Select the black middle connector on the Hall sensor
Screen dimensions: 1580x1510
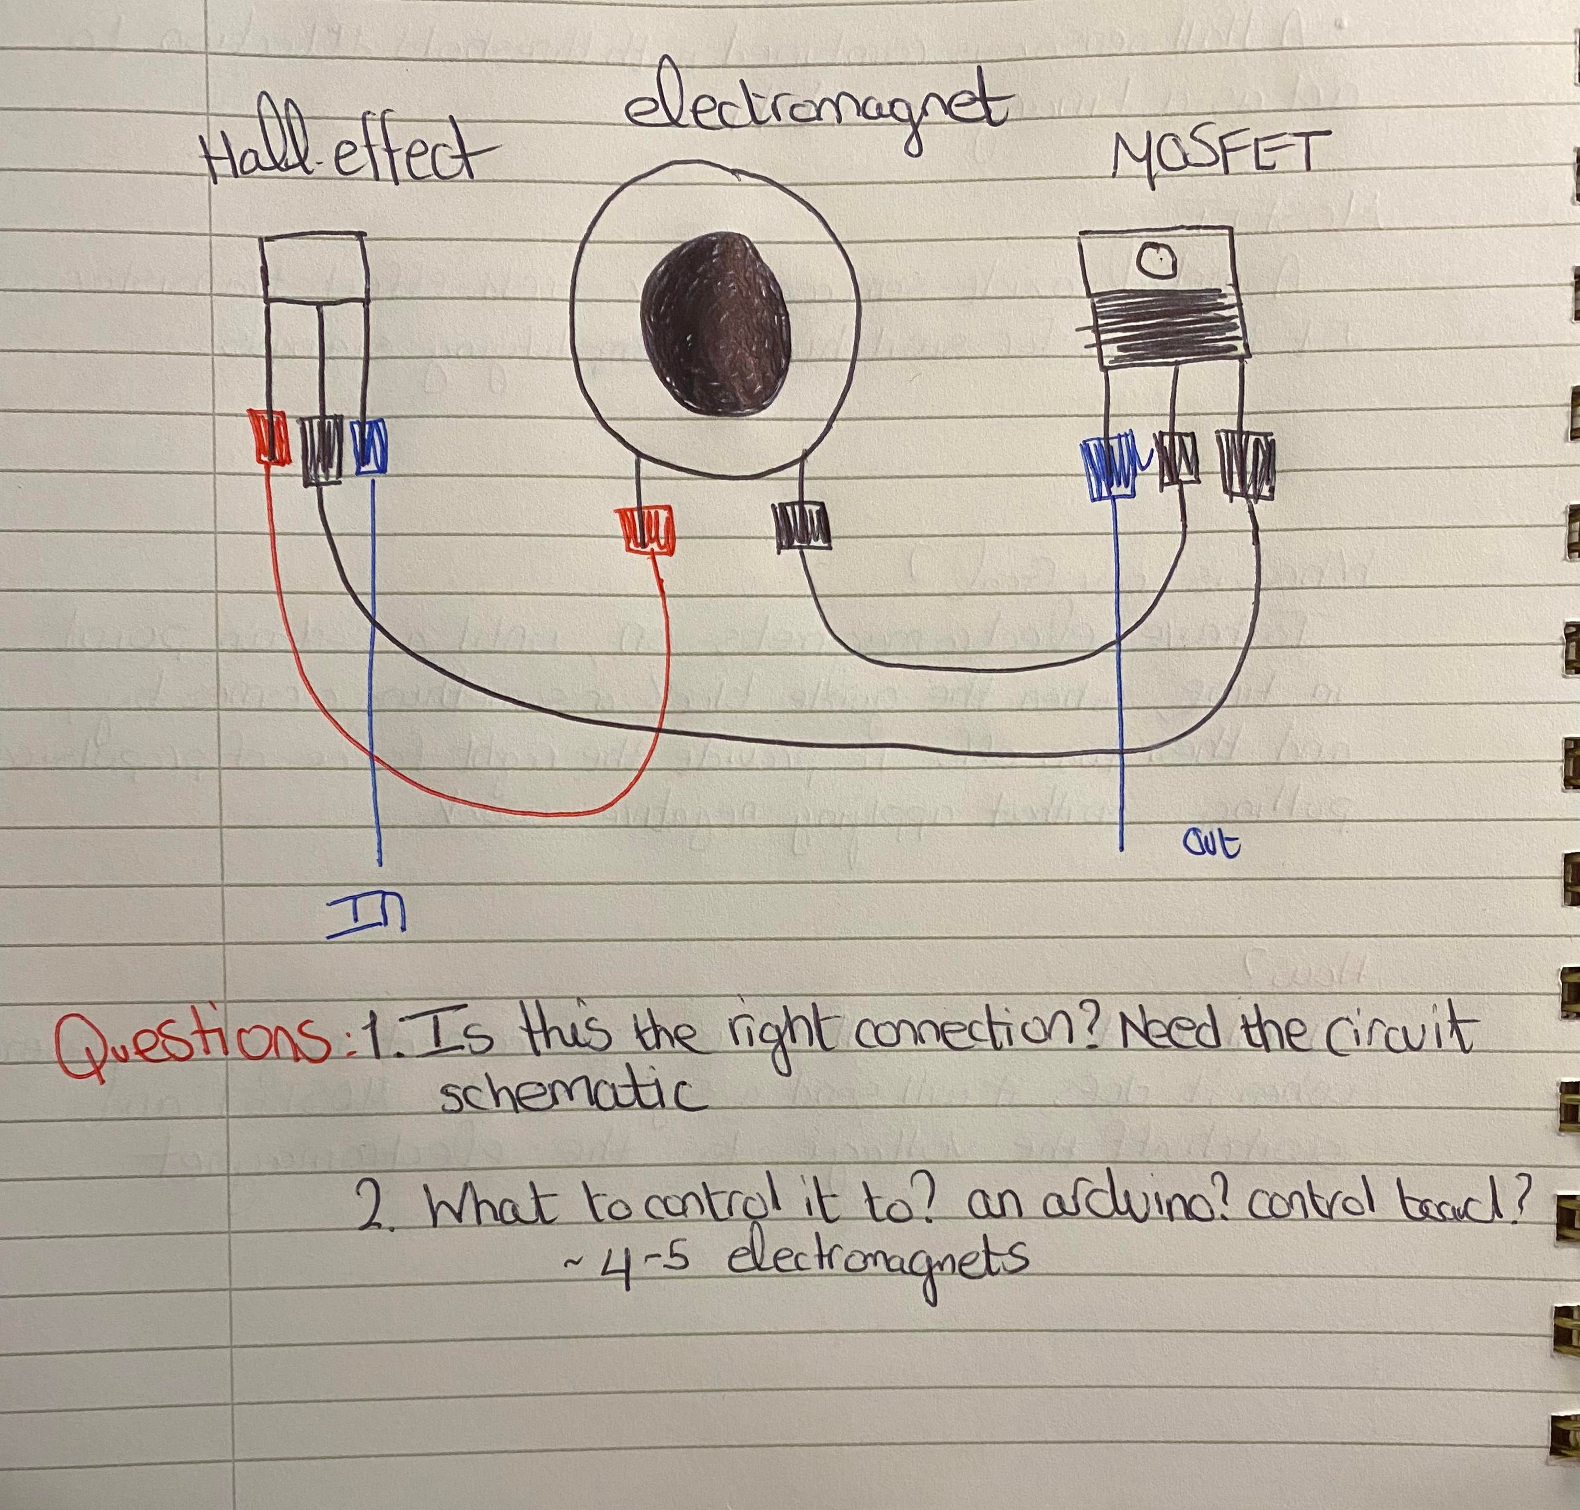(322, 449)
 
